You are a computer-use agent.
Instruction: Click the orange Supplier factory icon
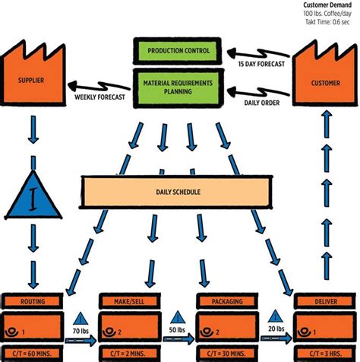(33, 76)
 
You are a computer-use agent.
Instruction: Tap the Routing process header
(33, 302)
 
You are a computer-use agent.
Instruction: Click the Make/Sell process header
(131, 302)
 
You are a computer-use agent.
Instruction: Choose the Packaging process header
(227, 302)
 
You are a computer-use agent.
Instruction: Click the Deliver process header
(325, 302)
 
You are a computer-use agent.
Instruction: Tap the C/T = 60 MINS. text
(33, 355)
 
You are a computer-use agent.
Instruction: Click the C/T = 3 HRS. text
(325, 355)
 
